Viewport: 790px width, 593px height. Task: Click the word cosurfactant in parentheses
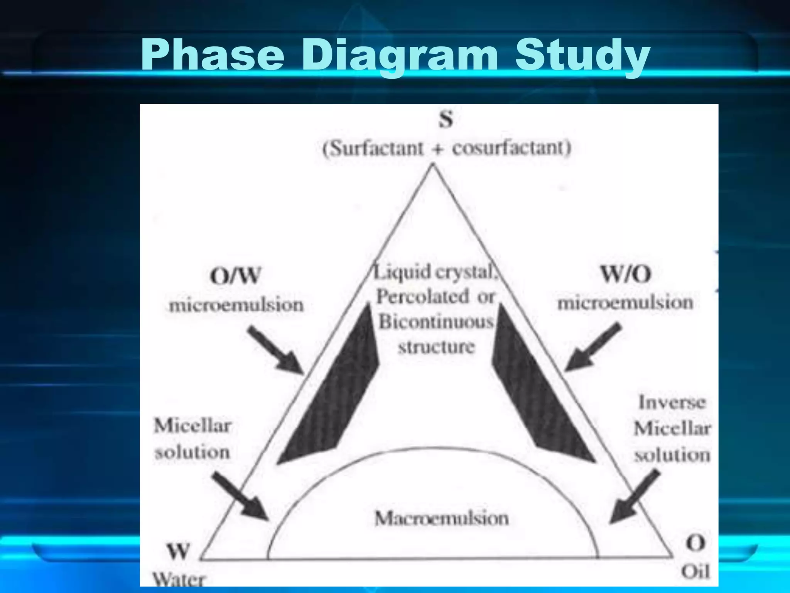[x=511, y=148]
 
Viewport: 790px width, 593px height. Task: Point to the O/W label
[x=235, y=276]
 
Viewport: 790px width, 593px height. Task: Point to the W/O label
[x=626, y=274]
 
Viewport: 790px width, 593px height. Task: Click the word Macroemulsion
[x=442, y=518]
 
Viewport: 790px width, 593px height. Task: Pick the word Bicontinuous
[x=436, y=322]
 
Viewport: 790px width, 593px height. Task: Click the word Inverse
[x=672, y=402]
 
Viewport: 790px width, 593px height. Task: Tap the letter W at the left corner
[x=178, y=551]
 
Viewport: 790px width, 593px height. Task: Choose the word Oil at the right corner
[x=695, y=571]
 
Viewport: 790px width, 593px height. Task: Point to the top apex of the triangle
[x=433, y=165]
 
